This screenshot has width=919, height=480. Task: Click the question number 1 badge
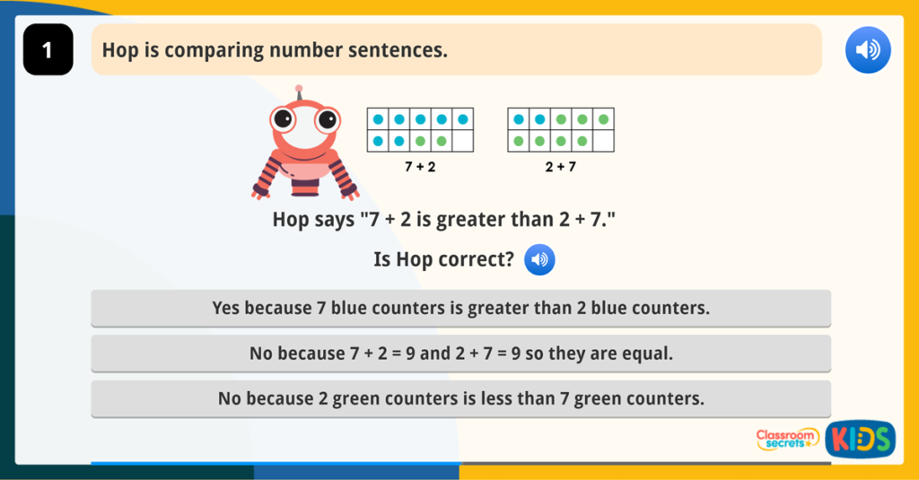[x=48, y=50]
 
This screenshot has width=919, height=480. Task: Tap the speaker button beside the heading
[x=868, y=50]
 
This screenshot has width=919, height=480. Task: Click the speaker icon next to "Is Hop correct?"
[x=539, y=260]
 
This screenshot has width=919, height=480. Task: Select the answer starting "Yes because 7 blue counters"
[x=460, y=308]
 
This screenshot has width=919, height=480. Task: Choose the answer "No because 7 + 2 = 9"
[x=460, y=353]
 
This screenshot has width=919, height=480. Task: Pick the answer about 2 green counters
[x=460, y=398]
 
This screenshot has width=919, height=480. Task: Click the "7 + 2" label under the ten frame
[x=420, y=167]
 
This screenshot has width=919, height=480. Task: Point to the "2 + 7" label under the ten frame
[x=560, y=167]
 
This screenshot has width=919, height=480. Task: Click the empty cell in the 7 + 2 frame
[x=462, y=141]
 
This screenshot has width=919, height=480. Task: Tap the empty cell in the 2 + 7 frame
[x=603, y=141]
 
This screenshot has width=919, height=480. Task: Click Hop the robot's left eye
[x=284, y=118]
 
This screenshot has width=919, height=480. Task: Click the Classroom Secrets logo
[x=787, y=439]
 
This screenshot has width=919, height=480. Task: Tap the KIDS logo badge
[x=860, y=439]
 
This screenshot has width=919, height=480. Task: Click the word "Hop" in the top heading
[x=118, y=50]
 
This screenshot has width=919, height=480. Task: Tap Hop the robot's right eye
[x=328, y=118]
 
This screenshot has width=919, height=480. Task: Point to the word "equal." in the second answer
[x=648, y=353]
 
